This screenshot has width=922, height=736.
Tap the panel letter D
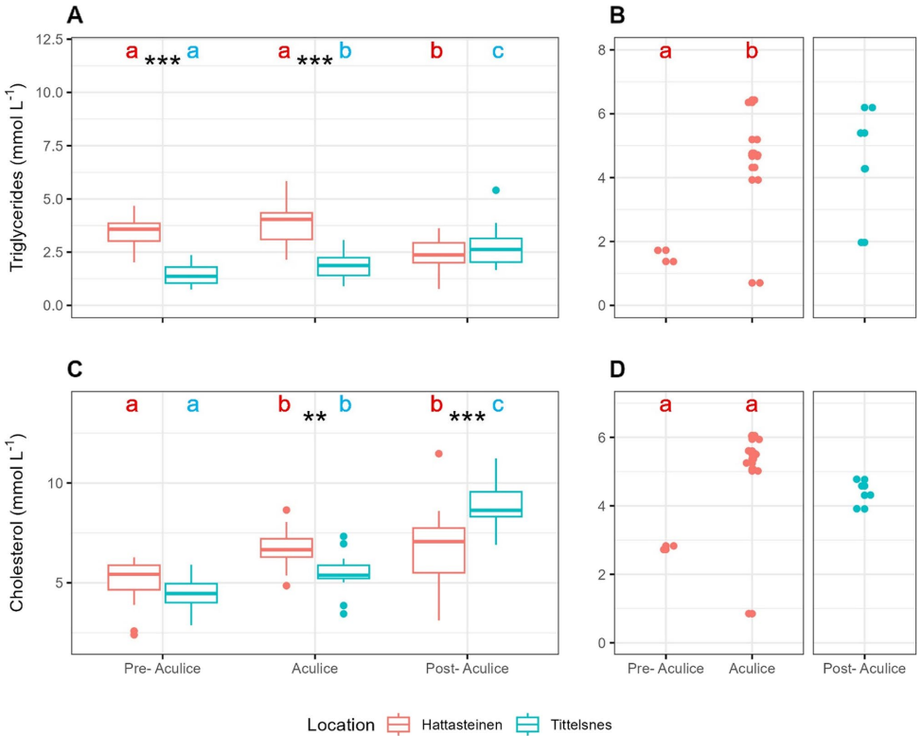[x=617, y=368]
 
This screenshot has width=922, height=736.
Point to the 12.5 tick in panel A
[x=44, y=40]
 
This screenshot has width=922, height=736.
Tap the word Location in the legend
[x=341, y=725]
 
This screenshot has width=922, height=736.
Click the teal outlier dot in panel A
[x=496, y=190]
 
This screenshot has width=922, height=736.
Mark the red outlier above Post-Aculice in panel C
[x=438, y=454]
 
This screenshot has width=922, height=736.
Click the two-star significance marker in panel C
[x=315, y=418]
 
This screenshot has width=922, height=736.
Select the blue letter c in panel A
[x=498, y=52]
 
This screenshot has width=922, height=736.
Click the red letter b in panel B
[x=752, y=52]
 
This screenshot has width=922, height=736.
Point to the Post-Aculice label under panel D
[x=864, y=669]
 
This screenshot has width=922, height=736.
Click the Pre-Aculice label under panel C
[x=162, y=669]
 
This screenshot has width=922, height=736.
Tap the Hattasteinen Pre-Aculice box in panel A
[x=133, y=232]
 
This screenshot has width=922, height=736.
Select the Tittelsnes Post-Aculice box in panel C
[x=496, y=504]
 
